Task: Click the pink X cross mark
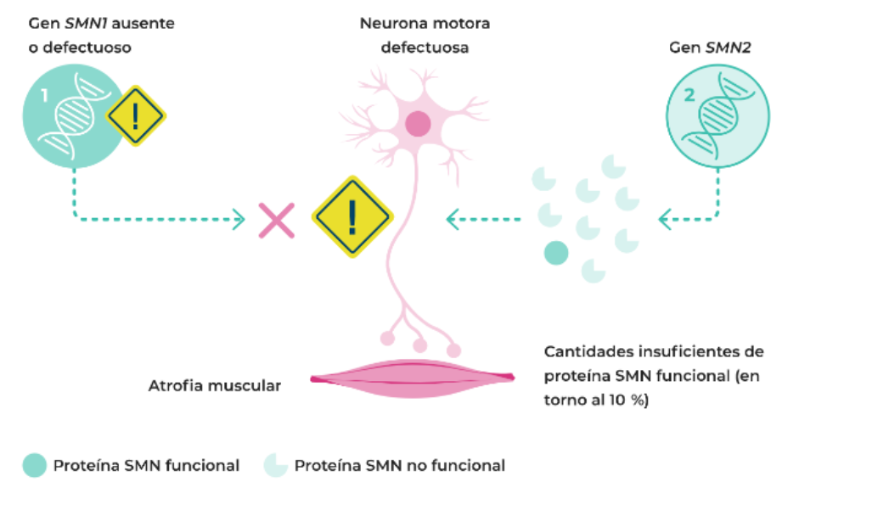point(277,221)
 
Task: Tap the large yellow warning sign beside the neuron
point(352,217)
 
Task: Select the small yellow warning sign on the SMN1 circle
point(135,116)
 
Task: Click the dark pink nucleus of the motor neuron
point(417,125)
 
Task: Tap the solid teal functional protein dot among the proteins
point(555,253)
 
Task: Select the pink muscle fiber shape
point(413,378)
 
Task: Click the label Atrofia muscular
point(214,386)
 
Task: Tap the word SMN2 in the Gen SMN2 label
point(726,48)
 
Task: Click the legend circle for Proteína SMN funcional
point(35,465)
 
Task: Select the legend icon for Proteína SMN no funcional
point(276,465)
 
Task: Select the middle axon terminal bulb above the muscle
point(419,345)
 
